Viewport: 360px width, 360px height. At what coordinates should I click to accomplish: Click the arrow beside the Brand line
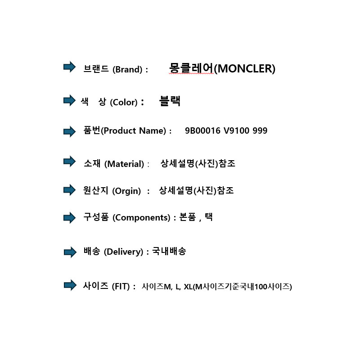(x=69, y=67)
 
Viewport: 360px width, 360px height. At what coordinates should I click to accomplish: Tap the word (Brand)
(x=127, y=69)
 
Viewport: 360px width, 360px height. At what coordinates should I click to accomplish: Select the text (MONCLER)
(x=244, y=68)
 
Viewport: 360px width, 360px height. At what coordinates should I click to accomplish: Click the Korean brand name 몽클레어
(x=191, y=68)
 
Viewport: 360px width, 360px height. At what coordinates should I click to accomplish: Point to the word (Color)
(x=124, y=102)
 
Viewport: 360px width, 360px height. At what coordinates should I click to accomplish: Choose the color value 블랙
(x=170, y=101)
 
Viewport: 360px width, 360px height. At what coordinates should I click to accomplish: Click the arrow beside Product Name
(x=69, y=131)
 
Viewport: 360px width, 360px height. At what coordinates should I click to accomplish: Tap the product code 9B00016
(x=202, y=130)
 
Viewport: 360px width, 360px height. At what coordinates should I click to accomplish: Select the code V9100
(x=236, y=130)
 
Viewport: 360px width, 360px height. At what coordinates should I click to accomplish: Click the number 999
(x=260, y=130)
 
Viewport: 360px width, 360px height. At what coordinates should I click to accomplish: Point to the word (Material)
(x=124, y=164)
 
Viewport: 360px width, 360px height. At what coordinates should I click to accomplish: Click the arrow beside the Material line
(x=69, y=162)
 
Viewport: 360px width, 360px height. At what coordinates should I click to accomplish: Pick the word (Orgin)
(x=126, y=191)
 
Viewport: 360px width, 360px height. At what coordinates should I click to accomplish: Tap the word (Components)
(x=141, y=217)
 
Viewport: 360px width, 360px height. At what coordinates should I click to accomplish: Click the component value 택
(x=209, y=216)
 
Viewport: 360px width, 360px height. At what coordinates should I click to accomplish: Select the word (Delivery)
(x=123, y=252)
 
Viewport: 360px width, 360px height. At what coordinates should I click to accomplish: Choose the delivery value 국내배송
(x=169, y=251)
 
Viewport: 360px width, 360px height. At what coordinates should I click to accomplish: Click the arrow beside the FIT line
(x=70, y=285)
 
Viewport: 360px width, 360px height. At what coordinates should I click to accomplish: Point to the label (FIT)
(x=121, y=286)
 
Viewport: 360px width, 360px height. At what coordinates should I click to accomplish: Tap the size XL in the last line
(x=188, y=287)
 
